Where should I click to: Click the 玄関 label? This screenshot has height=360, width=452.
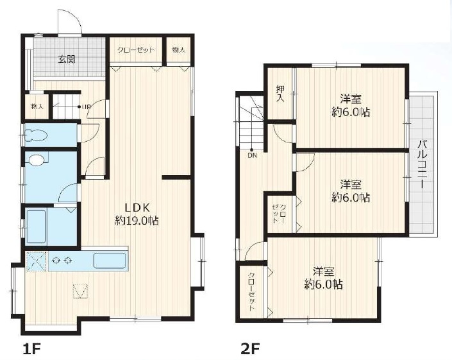pyautogui.click(x=67, y=60)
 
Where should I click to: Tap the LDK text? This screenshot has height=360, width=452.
pyautogui.click(x=137, y=207)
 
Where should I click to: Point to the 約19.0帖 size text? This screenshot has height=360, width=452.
pyautogui.click(x=137, y=220)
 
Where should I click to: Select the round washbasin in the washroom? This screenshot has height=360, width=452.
pyautogui.click(x=38, y=160)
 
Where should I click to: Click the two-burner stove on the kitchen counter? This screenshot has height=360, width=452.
pyautogui.click(x=62, y=261)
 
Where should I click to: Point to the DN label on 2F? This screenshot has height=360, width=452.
pyautogui.click(x=253, y=154)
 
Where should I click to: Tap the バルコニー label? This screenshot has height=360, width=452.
pyautogui.click(x=422, y=163)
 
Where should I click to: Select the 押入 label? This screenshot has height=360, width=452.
pyautogui.click(x=280, y=94)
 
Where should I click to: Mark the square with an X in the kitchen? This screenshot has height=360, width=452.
pyautogui.click(x=35, y=261)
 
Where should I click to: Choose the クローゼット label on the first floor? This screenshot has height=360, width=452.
pyautogui.click(x=135, y=50)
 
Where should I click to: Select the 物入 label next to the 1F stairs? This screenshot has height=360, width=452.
pyautogui.click(x=37, y=107)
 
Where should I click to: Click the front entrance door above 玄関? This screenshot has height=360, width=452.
pyautogui.click(x=68, y=24)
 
